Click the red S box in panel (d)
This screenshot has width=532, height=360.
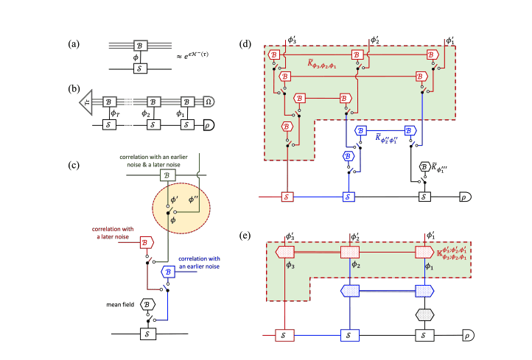click(x=287, y=198)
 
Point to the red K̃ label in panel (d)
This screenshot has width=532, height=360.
click(x=322, y=64)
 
